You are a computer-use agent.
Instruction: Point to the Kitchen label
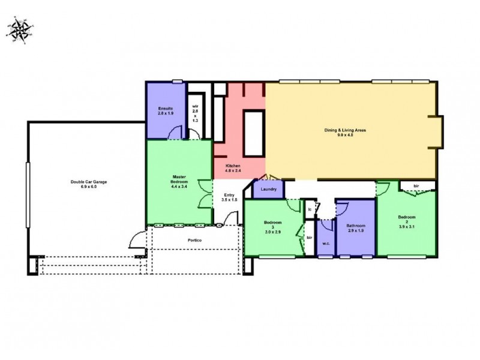(233, 166)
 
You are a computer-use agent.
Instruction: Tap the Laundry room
(268, 190)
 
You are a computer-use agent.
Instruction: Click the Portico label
(193, 240)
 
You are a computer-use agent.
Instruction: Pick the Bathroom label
(355, 226)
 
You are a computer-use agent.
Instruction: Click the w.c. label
(326, 244)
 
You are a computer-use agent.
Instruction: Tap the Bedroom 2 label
(407, 217)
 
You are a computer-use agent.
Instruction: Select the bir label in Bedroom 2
(416, 187)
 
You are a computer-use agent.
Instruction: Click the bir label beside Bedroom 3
(309, 237)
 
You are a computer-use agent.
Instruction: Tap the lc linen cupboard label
(310, 209)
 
